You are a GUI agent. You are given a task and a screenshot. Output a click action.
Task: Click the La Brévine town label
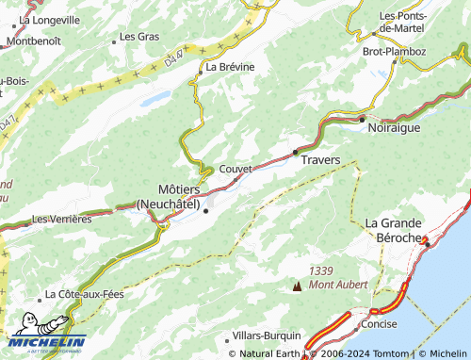click(230, 67)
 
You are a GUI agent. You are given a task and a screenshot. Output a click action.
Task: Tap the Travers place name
click(319, 160)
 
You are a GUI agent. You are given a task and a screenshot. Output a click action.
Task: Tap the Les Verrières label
click(61, 219)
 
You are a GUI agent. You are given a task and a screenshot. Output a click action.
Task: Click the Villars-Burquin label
click(267, 335)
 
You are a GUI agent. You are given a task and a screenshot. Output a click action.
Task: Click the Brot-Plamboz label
click(394, 51)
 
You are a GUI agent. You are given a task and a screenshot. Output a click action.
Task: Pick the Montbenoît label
click(34, 41)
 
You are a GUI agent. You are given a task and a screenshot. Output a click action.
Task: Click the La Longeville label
click(51, 18)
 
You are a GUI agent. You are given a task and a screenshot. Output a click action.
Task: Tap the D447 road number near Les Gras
click(172, 58)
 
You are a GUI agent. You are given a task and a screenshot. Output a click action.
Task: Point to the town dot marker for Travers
click(295, 151)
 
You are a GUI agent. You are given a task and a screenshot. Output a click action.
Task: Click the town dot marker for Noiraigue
click(362, 120)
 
